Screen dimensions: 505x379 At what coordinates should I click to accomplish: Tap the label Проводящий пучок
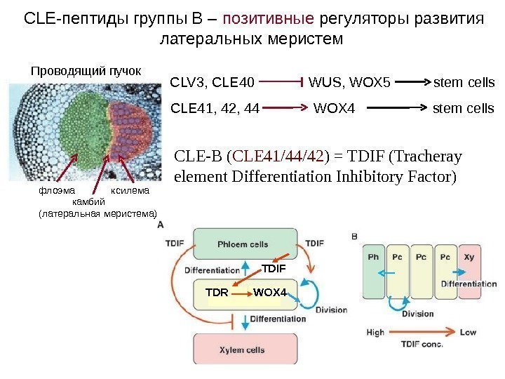[x=86, y=71]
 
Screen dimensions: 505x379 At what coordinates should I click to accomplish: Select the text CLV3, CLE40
[x=213, y=84]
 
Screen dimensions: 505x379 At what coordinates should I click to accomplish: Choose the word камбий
[x=88, y=201]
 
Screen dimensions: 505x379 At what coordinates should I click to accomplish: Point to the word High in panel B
[x=375, y=332]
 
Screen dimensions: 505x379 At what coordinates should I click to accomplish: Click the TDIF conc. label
[x=423, y=345]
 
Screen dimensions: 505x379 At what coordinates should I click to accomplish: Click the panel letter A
[x=161, y=225]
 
